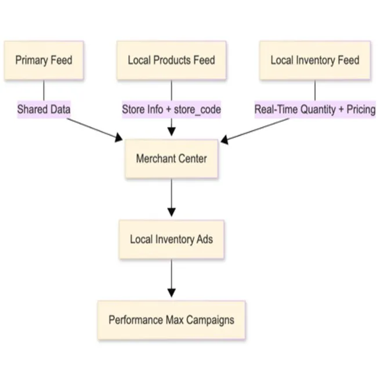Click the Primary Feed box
point(44,60)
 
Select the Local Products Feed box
point(171,60)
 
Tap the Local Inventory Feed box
point(314,60)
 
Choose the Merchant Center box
point(171,158)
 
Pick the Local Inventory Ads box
point(171,239)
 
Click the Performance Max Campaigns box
point(171,320)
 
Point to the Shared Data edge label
point(44,108)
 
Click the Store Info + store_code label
point(171,108)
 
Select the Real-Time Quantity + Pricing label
point(314,108)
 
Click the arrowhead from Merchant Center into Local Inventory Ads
point(171,212)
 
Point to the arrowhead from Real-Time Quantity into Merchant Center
point(225,139)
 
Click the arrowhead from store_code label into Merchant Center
point(171,131)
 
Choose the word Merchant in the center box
point(155,158)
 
